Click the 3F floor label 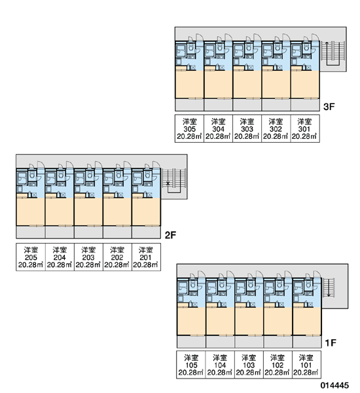pyautogui.click(x=329, y=107)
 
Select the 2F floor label pyautogui.click(x=170, y=235)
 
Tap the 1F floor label pyautogui.click(x=331, y=343)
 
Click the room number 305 pyautogui.click(x=189, y=129)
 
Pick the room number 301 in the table pyautogui.click(x=304, y=129)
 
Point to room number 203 pyautogui.click(x=88, y=257)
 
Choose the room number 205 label pyautogui.click(x=31, y=257)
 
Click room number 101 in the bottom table pyautogui.click(x=306, y=365)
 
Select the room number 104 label pyautogui.click(x=220, y=365)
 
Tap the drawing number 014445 pyautogui.click(x=334, y=385)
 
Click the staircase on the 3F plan pyautogui.click(x=333, y=53)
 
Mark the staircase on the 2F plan pyautogui.click(x=174, y=181)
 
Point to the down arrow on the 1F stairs pyautogui.click(x=329, y=288)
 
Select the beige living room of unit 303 pyautogui.click(x=247, y=84)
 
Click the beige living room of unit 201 pyautogui.click(x=146, y=212)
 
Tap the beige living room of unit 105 pyautogui.click(x=191, y=321)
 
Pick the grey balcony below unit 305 pyautogui.click(x=189, y=105)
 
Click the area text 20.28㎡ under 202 pyautogui.click(x=117, y=265)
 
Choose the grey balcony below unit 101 pyautogui.click(x=307, y=342)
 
